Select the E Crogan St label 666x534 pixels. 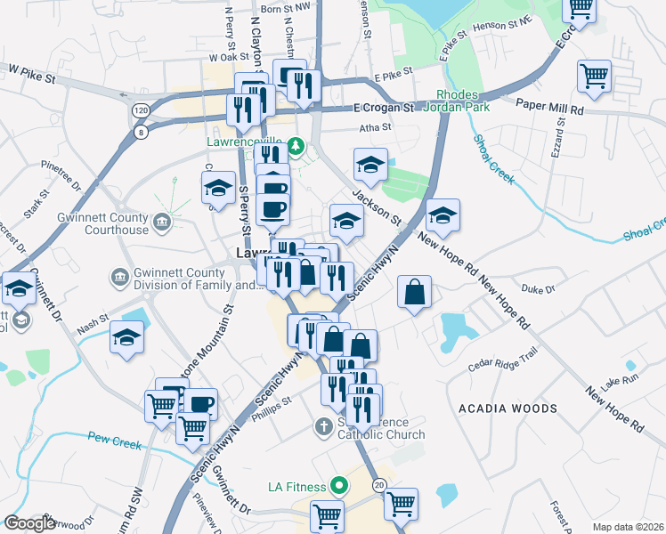pyautogui.click(x=384, y=109)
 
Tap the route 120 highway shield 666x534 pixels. pyautogui.click(x=141, y=109)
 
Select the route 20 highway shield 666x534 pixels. pyautogui.click(x=378, y=485)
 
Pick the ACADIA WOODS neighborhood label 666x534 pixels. pyautogui.click(x=508, y=409)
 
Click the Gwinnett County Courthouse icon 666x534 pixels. pyautogui.click(x=161, y=221)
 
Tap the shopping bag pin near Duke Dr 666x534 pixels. pyautogui.click(x=415, y=292)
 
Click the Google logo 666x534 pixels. pyautogui.click(x=30, y=523)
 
